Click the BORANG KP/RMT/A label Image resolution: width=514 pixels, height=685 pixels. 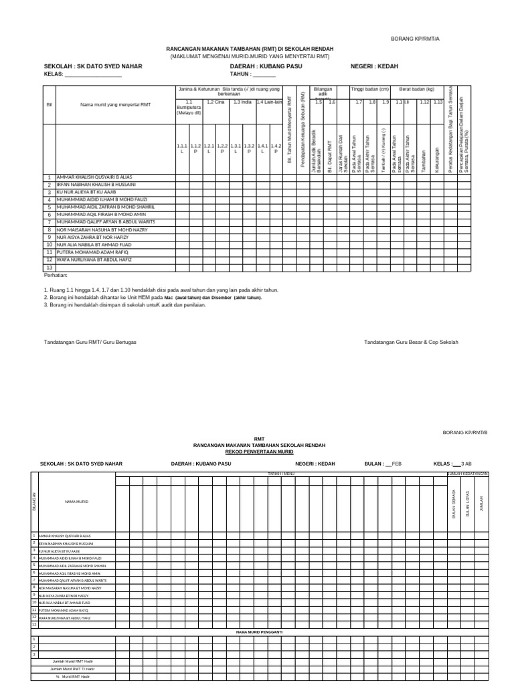coord(416,39)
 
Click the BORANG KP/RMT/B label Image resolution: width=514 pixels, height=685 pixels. coord(465,433)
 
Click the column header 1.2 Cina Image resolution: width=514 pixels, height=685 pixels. coord(215,102)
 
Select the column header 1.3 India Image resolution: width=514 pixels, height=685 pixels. coord(242,102)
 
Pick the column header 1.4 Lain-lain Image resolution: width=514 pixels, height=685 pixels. coord(269,102)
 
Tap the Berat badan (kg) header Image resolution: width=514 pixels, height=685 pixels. coord(416,89)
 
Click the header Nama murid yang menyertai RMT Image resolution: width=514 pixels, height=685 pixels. coord(116,105)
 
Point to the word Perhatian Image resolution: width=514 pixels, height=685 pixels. coord(56,275)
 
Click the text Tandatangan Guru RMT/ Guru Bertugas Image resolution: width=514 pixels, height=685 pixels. coord(90,342)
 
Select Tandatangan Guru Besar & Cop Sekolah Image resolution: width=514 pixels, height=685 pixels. coord(411,342)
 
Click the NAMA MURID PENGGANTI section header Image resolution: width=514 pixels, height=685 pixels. coord(260,631)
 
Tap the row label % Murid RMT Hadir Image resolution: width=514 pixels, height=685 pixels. coord(72,676)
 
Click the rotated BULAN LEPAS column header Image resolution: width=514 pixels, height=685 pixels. coord(467,501)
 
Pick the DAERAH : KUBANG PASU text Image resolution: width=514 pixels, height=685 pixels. coord(266,67)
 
